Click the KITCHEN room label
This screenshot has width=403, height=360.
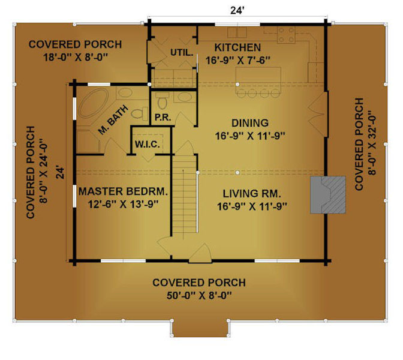pyautogui.click(x=237, y=47)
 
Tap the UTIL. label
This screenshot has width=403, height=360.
pyautogui.click(x=182, y=53)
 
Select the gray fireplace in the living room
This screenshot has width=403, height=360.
pyautogui.click(x=327, y=194)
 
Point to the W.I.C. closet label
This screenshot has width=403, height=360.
pyautogui.click(x=148, y=145)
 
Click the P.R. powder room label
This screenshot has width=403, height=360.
pyautogui.click(x=163, y=118)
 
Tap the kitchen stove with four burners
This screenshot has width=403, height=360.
pyautogui.click(x=286, y=35)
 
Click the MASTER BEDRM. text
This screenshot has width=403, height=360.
pyautogui.click(x=123, y=191)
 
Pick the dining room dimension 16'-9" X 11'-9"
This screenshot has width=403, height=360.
pyautogui.click(x=250, y=136)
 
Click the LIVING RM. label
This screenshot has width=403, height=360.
pyautogui.click(x=252, y=194)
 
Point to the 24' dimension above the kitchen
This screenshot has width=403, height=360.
pyautogui.click(x=237, y=11)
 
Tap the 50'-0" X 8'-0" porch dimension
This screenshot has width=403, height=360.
pyautogui.click(x=199, y=296)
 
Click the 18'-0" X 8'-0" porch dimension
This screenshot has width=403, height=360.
pyautogui.click(x=76, y=57)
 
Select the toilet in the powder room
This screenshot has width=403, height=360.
pyautogui.click(x=163, y=100)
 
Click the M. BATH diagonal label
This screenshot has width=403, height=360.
pyautogui.click(x=113, y=120)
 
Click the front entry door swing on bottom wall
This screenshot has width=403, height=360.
pyautogui.click(x=200, y=253)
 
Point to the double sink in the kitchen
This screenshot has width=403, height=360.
pyautogui.click(x=237, y=32)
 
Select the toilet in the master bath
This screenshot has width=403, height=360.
pyautogui.click(x=140, y=113)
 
